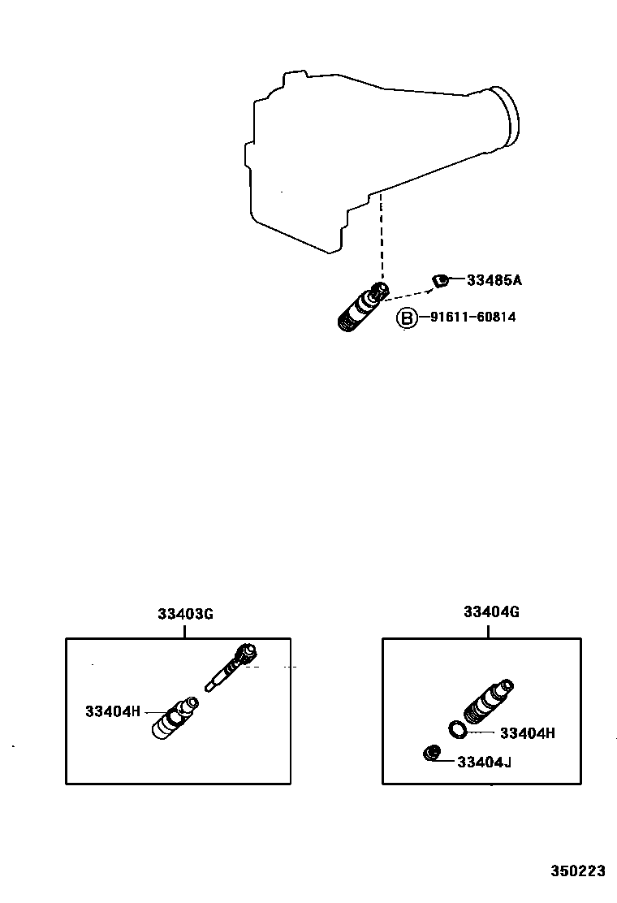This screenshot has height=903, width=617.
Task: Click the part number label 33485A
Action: point(494,281)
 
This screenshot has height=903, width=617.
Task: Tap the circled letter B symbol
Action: point(406,318)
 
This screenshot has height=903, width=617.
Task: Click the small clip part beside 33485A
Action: point(438,281)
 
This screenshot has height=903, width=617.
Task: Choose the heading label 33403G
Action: point(185,614)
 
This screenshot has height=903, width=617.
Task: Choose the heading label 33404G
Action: point(491,611)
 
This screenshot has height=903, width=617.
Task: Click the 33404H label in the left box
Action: point(113,711)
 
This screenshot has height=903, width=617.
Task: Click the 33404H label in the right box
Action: point(527,732)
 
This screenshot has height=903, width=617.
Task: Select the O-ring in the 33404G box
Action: point(458,728)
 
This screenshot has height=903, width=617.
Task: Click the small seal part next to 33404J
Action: point(431,754)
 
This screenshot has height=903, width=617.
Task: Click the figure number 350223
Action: point(578,871)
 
